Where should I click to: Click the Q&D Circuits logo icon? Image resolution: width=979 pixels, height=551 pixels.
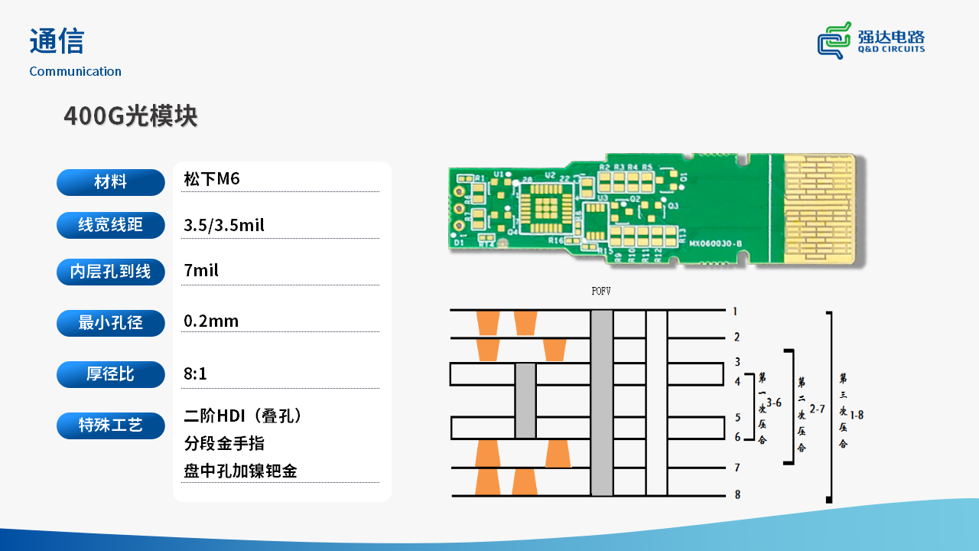[x=834, y=40]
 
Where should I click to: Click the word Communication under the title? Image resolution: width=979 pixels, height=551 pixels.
[x=75, y=71]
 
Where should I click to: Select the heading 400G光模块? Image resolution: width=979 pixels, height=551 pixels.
[x=130, y=116]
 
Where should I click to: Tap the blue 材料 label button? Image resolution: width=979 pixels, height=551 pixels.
[x=111, y=182]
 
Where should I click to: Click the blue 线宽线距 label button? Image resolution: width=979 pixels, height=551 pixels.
[x=111, y=225]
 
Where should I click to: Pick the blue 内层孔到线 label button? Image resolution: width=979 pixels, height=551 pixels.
[x=111, y=272]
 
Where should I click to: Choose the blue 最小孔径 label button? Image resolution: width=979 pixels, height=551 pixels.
[x=111, y=323]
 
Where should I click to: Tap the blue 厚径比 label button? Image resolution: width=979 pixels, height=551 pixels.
[x=111, y=374]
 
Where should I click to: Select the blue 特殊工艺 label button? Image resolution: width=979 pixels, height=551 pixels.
[x=111, y=425]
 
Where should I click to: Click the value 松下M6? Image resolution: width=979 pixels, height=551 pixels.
[x=212, y=179]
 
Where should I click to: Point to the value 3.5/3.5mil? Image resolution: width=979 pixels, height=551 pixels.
[x=224, y=225]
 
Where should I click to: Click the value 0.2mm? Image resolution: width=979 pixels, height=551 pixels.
[x=211, y=321]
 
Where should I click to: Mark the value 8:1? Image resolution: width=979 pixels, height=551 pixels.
[x=196, y=374]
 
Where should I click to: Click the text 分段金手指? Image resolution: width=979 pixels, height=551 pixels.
[x=224, y=443]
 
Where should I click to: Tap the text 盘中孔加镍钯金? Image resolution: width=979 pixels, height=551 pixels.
[x=240, y=471]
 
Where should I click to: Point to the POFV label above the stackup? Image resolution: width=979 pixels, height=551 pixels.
[x=601, y=292]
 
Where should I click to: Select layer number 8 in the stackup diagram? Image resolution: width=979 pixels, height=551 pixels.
[x=737, y=494]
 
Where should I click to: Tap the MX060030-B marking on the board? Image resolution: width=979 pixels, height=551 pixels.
[x=715, y=243]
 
